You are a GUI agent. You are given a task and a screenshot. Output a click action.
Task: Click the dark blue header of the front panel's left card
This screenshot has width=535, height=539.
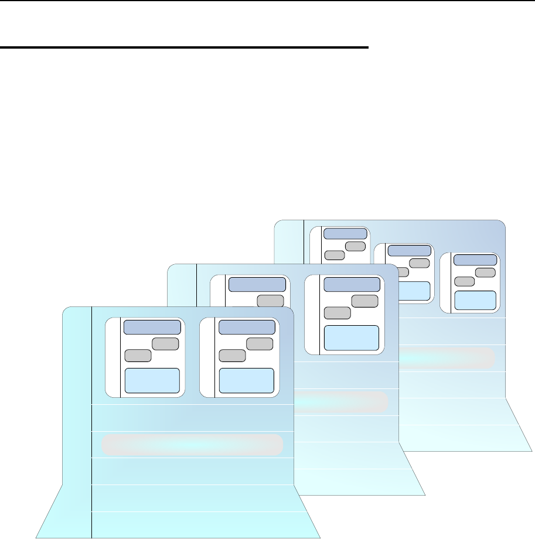[x=152, y=327]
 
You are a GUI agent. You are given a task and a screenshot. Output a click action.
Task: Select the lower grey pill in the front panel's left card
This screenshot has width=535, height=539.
[x=138, y=355]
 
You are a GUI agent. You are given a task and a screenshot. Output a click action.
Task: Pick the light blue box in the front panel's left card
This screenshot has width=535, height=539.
[x=152, y=381]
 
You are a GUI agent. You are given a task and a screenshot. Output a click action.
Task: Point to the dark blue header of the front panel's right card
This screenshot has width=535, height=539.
[x=247, y=327]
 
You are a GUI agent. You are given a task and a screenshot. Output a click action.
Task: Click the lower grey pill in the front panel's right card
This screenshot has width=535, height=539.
[x=232, y=355]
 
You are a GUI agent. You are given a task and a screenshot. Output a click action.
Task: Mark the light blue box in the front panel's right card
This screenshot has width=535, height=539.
[x=247, y=381]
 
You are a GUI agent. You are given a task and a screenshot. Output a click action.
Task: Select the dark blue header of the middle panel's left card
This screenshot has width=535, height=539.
[x=257, y=284]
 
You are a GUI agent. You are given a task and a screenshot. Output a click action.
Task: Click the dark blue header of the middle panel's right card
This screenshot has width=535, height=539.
[x=352, y=284]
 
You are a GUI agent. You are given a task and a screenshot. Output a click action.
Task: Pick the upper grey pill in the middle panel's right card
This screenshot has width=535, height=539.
[x=364, y=301]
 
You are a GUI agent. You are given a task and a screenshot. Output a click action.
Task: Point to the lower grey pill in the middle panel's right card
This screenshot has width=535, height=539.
[x=338, y=312]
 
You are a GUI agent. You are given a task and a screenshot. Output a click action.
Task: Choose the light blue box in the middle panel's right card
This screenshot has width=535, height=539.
[x=352, y=337]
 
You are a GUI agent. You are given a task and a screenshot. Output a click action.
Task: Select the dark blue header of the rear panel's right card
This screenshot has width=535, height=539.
[x=475, y=260]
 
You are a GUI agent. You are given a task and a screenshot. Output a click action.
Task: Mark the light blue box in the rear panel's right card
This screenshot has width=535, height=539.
[x=475, y=299]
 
